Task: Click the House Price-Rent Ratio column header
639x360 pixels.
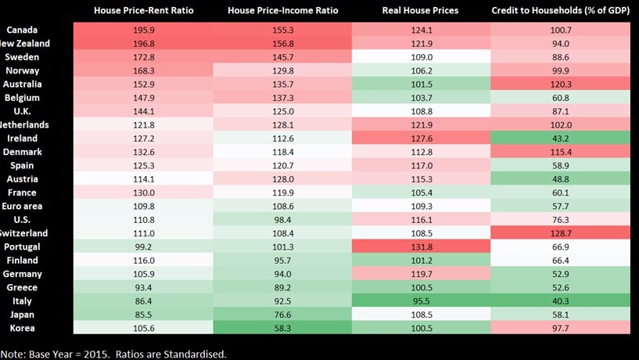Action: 143,11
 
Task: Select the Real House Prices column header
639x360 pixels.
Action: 421,11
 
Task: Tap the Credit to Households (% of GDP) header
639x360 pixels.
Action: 561,11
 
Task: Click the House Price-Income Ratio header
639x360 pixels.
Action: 282,11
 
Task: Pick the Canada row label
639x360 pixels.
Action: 18,30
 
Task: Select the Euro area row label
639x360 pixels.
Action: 22,206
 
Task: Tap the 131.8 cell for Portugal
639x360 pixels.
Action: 421,247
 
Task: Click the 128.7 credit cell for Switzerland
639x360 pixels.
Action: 561,233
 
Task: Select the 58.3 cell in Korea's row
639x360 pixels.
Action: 282,328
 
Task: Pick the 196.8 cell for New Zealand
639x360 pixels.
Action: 143,43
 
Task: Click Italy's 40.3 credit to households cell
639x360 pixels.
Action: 561,301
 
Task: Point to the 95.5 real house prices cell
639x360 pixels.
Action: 421,301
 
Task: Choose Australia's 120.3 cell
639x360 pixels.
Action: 561,84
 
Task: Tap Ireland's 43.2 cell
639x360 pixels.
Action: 561,138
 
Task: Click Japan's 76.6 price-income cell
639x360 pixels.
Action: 282,315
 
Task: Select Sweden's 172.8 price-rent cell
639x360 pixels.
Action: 143,57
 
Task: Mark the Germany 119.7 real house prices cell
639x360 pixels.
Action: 421,274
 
